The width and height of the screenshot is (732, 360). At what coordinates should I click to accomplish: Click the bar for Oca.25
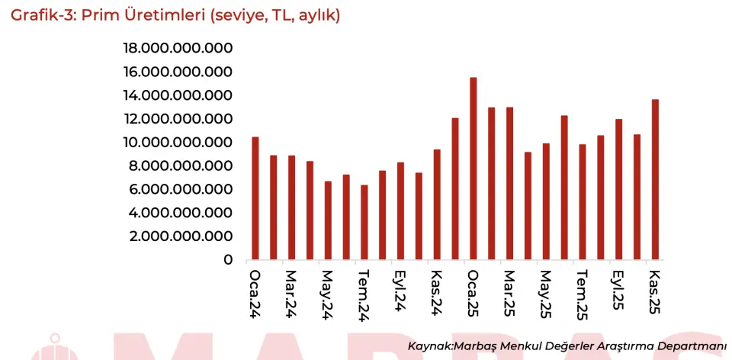point(474,169)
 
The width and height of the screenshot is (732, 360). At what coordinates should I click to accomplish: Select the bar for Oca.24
point(255,198)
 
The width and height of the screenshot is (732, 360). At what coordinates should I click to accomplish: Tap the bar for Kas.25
point(655,179)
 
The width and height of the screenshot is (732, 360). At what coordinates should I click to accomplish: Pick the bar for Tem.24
point(364,222)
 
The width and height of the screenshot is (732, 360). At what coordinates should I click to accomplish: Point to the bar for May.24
point(328,220)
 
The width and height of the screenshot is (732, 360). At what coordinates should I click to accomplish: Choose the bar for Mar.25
point(509,183)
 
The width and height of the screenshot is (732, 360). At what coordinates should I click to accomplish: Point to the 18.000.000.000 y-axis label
point(178,49)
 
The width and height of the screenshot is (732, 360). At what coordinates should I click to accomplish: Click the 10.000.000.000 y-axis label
point(178,143)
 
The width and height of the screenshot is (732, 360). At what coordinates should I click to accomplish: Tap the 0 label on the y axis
point(227,260)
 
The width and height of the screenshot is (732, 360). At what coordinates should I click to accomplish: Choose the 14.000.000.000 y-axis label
point(178,95)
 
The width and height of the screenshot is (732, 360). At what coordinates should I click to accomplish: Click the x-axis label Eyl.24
point(400,290)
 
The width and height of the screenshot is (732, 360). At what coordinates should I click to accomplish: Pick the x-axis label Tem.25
point(582,294)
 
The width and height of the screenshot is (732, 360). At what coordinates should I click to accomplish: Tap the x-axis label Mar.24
point(291,291)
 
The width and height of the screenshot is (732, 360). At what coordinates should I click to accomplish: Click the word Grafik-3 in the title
point(43,14)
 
